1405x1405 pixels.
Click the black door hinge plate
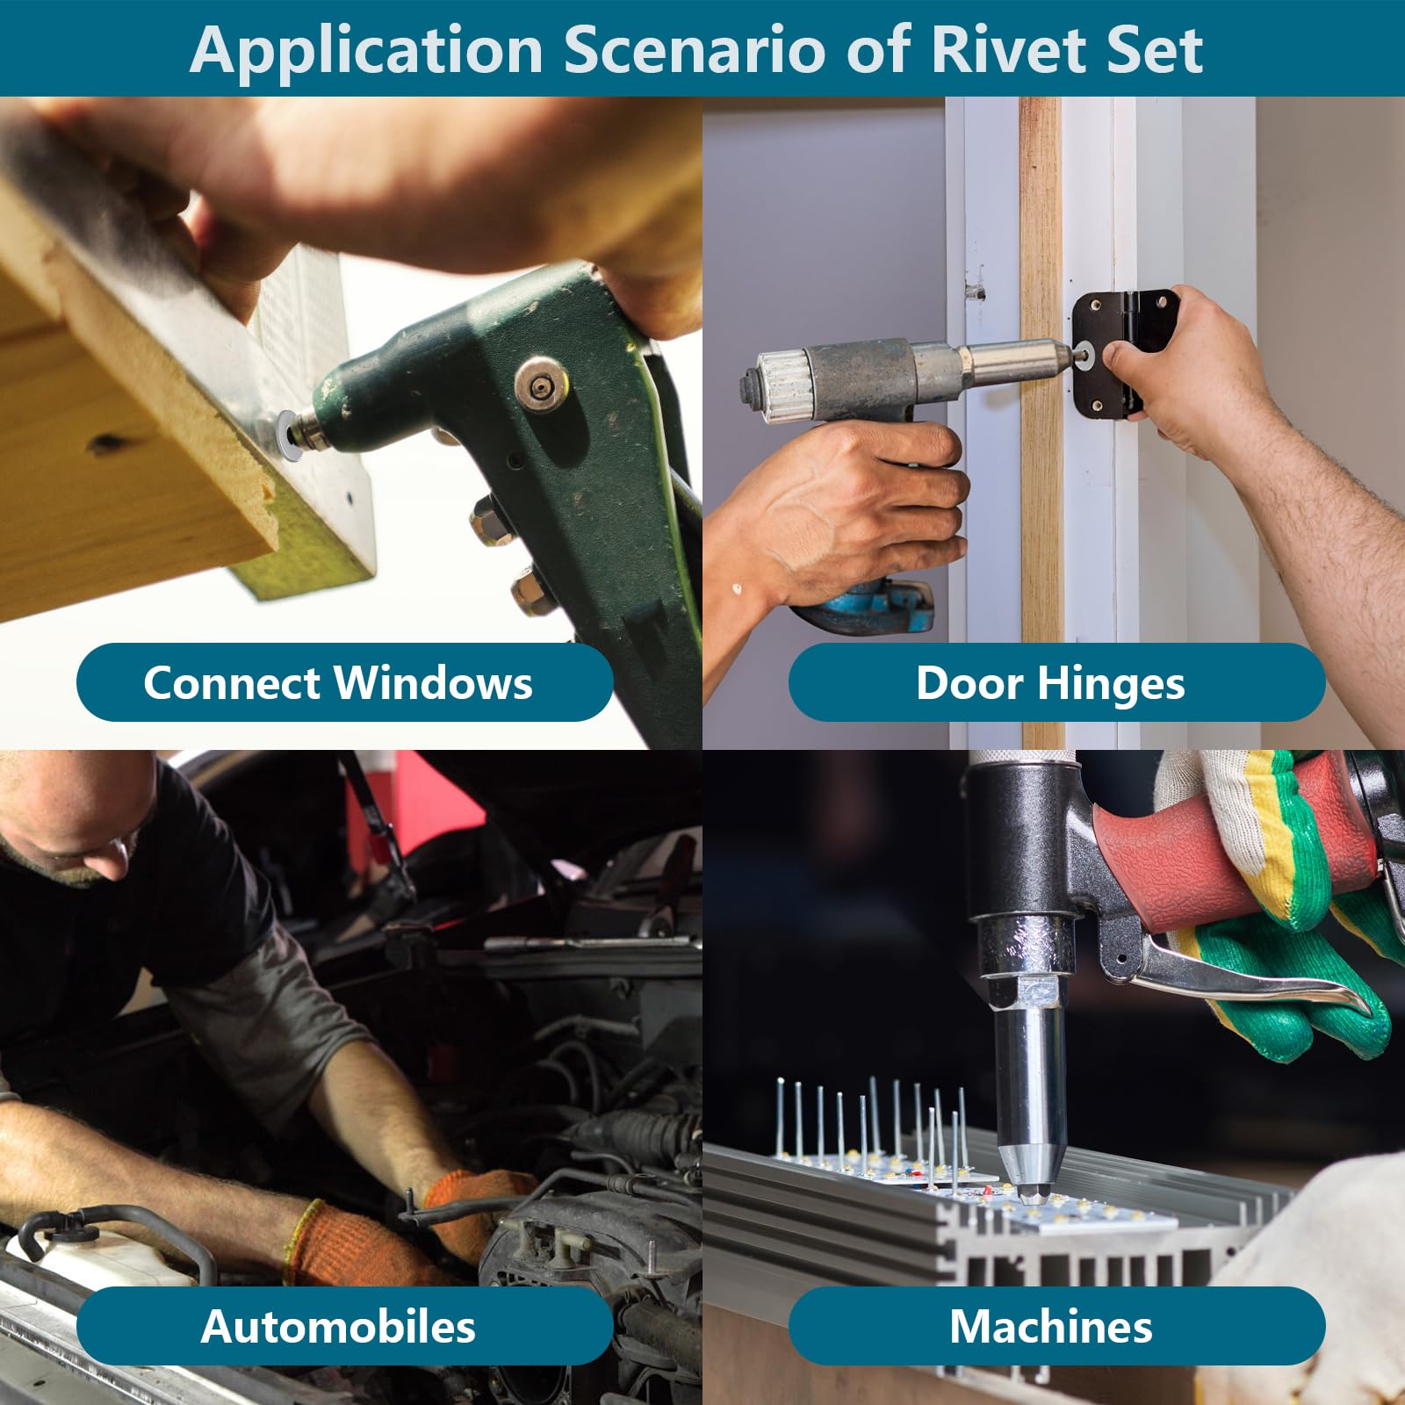pos(1108,354)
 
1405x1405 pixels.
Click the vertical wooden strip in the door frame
pos(1041,421)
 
